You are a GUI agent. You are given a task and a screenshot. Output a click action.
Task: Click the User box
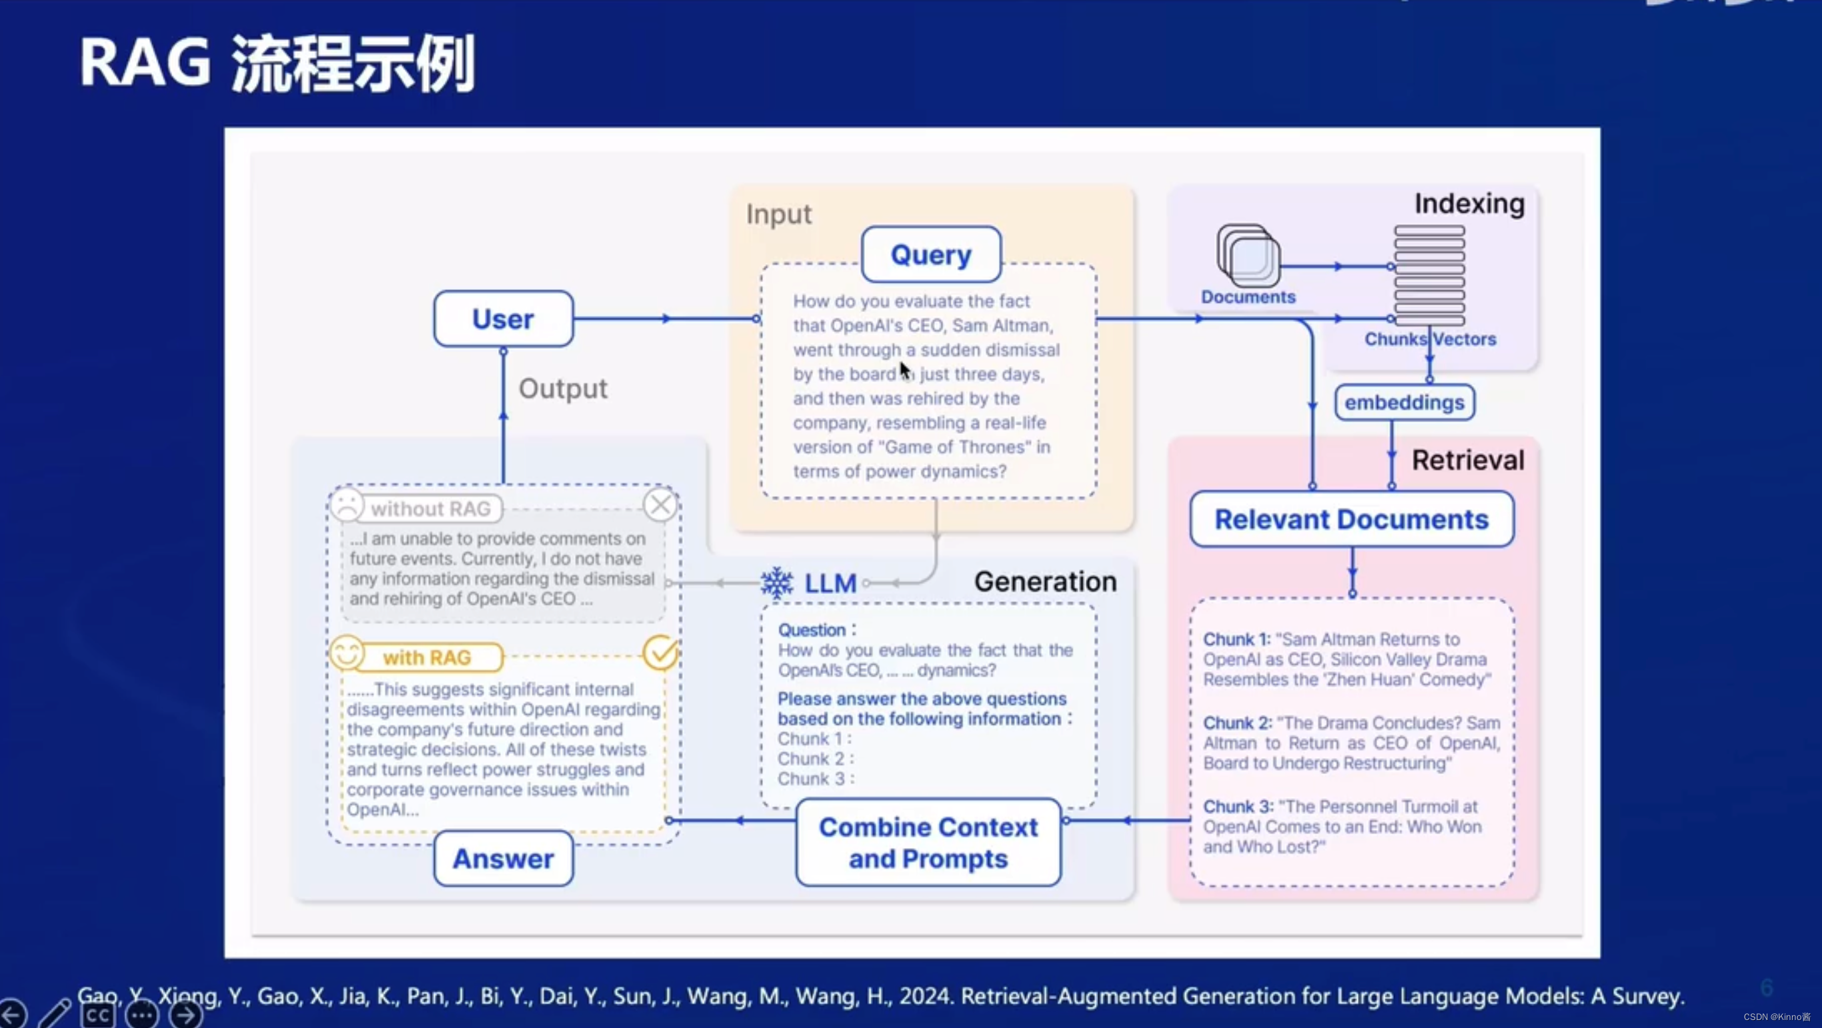503,319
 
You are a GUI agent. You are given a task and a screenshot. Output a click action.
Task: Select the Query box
930,255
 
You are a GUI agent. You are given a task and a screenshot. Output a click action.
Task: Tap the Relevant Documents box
1351,519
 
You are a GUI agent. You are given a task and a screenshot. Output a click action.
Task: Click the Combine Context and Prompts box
928,843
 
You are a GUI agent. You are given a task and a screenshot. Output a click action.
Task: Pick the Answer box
503,858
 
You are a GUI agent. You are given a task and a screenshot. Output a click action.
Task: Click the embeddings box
1404,402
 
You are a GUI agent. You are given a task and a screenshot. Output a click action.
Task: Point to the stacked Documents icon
1248,256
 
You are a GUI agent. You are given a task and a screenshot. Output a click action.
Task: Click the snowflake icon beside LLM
776,583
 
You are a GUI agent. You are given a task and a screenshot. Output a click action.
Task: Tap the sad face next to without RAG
347,505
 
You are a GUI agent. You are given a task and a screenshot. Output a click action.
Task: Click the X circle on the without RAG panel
661,505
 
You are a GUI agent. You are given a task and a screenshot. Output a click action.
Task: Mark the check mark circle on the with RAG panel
661,653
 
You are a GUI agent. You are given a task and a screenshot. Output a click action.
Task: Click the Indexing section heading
1469,203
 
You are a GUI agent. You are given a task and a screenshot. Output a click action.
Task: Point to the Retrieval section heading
1468,460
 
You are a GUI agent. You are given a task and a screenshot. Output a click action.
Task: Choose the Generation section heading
1044,582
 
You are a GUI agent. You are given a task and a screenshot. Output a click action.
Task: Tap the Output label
563,389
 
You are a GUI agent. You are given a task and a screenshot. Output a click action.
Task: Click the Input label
778,214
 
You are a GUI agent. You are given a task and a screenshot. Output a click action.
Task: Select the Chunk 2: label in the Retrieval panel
1237,723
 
